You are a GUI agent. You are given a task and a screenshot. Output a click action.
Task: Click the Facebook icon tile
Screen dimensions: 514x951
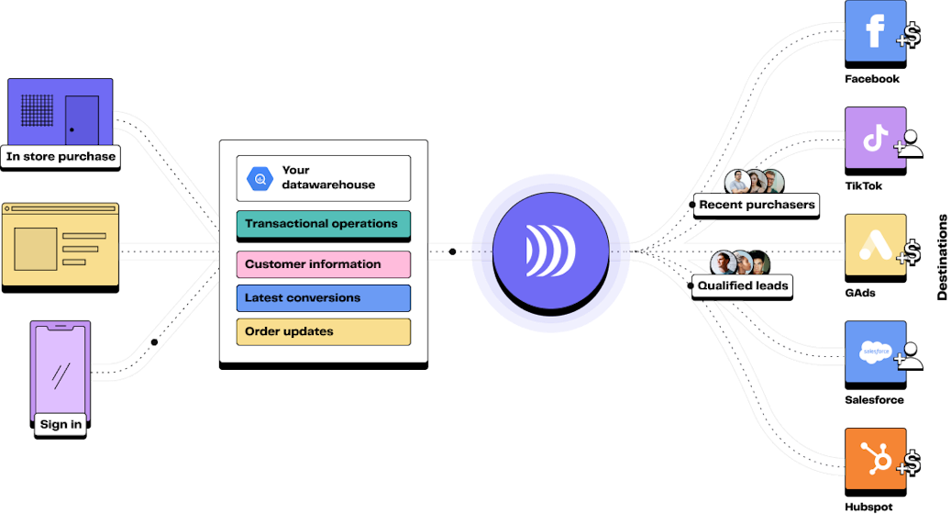(x=875, y=31)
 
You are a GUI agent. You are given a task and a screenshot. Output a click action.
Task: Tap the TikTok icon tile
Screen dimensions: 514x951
(x=875, y=138)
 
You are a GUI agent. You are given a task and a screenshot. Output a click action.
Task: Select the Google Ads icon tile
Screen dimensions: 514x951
(x=875, y=245)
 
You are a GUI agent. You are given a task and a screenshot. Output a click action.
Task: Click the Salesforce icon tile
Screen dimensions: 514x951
(x=875, y=352)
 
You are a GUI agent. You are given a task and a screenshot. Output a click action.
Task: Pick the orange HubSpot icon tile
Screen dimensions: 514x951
(x=875, y=458)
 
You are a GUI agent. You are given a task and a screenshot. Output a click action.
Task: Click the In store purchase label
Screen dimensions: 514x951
(x=61, y=157)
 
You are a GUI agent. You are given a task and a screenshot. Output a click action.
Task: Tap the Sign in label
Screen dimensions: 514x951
(x=61, y=425)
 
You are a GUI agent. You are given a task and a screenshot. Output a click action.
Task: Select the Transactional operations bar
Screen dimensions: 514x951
(x=323, y=224)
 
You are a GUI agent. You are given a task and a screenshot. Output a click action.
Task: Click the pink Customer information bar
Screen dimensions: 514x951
(x=323, y=264)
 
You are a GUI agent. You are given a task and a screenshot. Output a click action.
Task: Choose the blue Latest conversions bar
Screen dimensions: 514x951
(x=323, y=298)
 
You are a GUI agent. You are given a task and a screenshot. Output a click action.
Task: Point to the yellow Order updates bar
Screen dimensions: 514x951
(x=323, y=331)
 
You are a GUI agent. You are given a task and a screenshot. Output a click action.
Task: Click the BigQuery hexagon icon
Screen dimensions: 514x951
(x=260, y=178)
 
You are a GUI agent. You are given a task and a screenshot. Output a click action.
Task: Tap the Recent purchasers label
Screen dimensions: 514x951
(x=757, y=205)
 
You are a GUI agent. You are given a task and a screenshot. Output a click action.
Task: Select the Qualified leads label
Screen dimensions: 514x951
(x=743, y=285)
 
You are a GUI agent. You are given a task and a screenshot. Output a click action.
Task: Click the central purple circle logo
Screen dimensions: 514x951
(x=551, y=250)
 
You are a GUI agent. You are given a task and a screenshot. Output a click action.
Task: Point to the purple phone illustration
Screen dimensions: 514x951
(x=61, y=368)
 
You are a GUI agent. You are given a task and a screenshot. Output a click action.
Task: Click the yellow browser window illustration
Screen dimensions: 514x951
(x=61, y=244)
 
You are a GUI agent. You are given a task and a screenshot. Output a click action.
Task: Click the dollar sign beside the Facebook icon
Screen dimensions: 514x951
(x=911, y=37)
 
